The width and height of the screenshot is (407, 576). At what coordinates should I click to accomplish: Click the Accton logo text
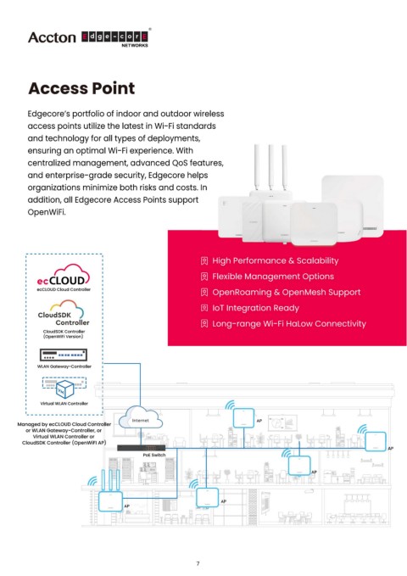point(52,37)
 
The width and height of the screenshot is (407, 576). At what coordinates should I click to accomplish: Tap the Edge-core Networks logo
point(115,38)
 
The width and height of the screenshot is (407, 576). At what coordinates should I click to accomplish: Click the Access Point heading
point(81,88)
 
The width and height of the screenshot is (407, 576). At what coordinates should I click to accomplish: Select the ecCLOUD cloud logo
point(64,276)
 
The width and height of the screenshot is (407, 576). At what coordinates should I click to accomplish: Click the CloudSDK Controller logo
point(64,313)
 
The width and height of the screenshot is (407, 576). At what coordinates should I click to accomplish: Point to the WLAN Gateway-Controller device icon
point(64,355)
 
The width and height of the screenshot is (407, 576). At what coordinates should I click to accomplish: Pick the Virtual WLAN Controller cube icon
point(64,388)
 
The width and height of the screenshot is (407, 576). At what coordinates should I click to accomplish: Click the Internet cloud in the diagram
point(140,417)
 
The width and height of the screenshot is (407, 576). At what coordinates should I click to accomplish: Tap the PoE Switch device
point(142,448)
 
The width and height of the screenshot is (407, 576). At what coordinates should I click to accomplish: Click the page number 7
point(198,563)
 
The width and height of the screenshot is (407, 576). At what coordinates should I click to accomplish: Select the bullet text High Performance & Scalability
point(276,260)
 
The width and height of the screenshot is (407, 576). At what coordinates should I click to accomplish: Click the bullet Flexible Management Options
point(273,277)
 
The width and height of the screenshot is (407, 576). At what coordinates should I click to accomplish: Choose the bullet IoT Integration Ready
point(256,308)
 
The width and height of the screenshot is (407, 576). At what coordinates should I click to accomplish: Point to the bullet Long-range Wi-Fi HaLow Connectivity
point(289,324)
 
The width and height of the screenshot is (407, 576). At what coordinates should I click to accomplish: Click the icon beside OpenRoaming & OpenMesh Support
point(204,293)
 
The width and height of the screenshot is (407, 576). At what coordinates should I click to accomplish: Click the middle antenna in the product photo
point(270,167)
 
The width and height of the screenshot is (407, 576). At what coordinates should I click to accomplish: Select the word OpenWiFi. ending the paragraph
point(47,212)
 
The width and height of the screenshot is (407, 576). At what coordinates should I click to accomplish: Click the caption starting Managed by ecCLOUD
point(64,433)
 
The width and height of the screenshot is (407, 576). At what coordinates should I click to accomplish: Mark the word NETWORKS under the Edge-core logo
point(135,46)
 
